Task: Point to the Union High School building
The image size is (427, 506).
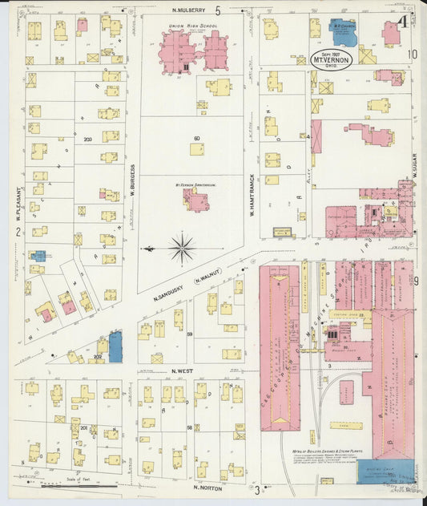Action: click(194, 52)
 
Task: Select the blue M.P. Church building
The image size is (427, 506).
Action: click(344, 33)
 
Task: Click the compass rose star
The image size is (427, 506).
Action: click(182, 248)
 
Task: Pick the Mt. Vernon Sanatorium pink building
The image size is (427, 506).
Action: click(195, 198)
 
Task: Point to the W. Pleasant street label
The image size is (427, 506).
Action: click(16, 204)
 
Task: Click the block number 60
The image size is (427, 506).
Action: click(195, 139)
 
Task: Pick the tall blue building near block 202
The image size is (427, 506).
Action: click(115, 346)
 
